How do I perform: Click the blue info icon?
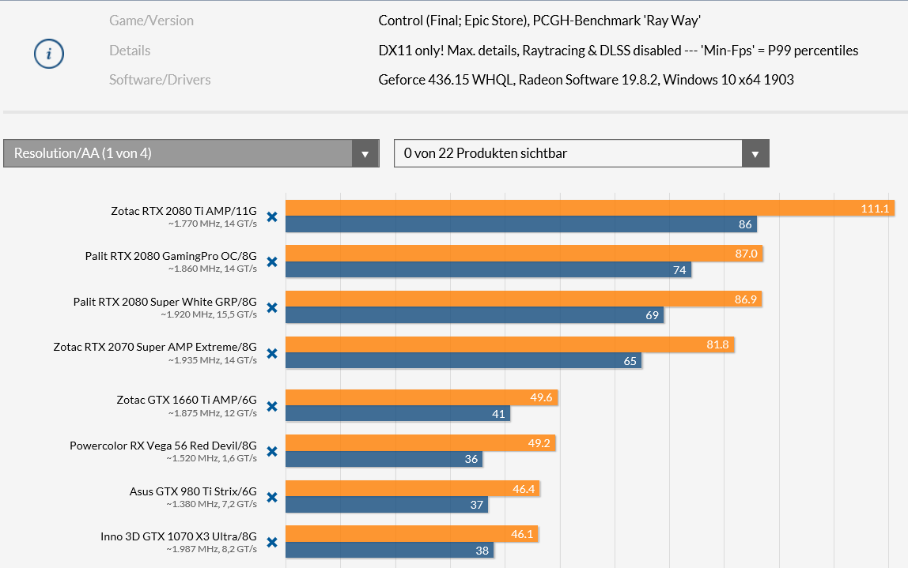49,54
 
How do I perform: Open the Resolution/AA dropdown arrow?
365,153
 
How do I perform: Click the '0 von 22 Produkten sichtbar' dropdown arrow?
755,153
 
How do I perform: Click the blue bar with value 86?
520,224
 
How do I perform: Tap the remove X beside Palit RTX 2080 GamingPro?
272,262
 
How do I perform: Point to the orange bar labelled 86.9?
523,299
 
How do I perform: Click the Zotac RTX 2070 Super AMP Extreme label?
155,346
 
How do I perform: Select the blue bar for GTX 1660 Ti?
397,413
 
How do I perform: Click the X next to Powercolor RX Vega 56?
272,452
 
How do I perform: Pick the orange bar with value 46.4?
412,489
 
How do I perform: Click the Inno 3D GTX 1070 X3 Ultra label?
179,535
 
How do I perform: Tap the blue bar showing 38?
389,551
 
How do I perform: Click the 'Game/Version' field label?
151,21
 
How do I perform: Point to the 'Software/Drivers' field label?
160,79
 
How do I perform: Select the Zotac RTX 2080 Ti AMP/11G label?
184,211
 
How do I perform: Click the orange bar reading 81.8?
509,344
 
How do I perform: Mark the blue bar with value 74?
488,270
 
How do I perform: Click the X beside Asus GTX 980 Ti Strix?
272,498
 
